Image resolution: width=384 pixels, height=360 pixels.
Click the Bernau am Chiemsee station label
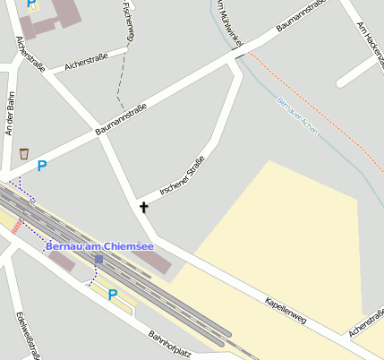99,246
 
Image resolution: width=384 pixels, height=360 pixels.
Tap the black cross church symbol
143,208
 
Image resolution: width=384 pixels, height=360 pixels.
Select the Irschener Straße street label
182,176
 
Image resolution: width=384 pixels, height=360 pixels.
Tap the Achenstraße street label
366,324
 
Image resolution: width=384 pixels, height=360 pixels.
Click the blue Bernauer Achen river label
297,114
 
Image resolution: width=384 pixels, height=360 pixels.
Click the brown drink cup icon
23,154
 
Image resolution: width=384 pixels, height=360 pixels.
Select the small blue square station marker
98,260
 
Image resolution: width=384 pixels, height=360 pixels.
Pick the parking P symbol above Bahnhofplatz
113,294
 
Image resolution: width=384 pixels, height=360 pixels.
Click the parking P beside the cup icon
42,166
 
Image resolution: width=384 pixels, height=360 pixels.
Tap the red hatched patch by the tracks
16,225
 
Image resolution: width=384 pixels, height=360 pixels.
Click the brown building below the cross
151,261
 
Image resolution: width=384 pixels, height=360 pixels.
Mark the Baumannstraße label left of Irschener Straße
121,121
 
